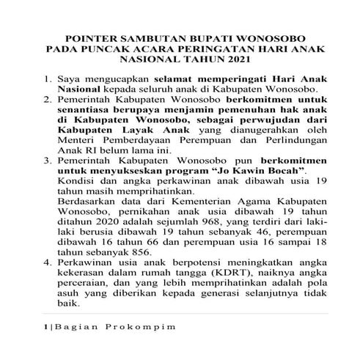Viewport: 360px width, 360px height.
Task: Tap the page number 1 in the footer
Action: click(45, 328)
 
